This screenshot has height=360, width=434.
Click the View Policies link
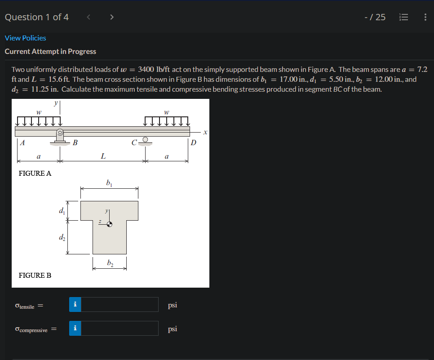pyautogui.click(x=25, y=38)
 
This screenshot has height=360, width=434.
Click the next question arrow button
pyautogui.click(x=111, y=18)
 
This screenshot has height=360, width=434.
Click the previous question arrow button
pyautogui.click(x=89, y=18)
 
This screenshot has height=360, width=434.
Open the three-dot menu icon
pyautogui.click(x=425, y=18)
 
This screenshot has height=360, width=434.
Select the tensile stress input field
pyautogui.click(x=120, y=305)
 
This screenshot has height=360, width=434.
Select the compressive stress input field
pyautogui.click(x=120, y=329)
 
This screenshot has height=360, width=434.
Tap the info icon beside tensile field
pyautogui.click(x=75, y=305)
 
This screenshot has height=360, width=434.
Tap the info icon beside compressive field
pyautogui.click(x=75, y=329)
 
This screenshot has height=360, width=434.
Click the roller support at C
pyautogui.click(x=145, y=140)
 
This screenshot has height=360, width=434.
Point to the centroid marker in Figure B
pyautogui.click(x=109, y=224)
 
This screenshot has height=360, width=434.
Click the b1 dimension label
pyautogui.click(x=109, y=182)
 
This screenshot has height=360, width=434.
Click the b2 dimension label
pyautogui.click(x=110, y=263)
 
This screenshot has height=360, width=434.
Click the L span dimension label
pyautogui.click(x=103, y=156)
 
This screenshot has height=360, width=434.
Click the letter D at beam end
pyautogui.click(x=193, y=143)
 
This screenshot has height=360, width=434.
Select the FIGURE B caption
pyautogui.click(x=35, y=275)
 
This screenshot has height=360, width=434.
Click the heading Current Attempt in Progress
pyautogui.click(x=50, y=52)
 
